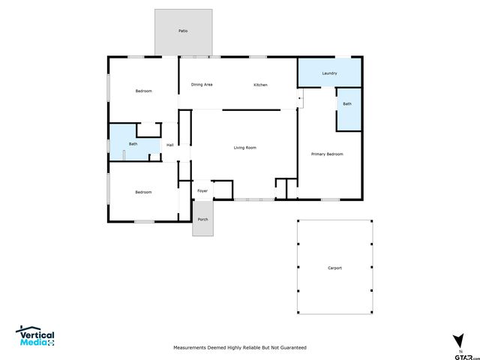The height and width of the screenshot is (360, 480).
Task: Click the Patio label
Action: [183, 31]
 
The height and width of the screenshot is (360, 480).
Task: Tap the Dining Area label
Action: [202, 85]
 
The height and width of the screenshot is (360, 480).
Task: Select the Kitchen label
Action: [260, 85]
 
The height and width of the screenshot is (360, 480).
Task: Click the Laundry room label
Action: [329, 73]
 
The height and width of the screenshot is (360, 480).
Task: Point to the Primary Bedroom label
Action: [327, 154]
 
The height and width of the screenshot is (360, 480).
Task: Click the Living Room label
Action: [245, 148]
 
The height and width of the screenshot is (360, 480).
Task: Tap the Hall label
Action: [170, 145]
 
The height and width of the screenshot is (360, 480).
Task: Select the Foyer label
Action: [202, 191]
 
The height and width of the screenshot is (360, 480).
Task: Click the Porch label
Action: [202, 219]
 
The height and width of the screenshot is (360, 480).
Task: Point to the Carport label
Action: [334, 268]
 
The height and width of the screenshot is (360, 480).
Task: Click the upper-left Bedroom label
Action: [143, 91]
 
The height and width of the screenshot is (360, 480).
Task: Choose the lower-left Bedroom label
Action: [143, 192]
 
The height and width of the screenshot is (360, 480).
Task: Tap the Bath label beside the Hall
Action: [133, 144]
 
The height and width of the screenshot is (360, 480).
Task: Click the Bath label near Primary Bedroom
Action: [347, 104]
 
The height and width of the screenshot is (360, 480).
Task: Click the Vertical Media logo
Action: [35, 337]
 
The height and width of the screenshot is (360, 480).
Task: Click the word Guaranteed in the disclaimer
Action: [291, 348]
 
